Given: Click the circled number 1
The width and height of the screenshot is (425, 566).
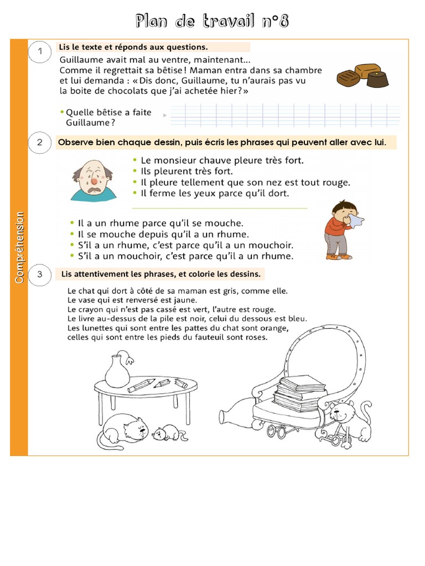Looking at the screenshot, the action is point(40,51).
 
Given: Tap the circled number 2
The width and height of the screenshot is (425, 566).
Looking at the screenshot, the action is point(40,143).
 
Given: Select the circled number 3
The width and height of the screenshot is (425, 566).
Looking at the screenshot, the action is point(40,274).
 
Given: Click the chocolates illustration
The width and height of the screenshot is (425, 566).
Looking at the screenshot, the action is point(362,76).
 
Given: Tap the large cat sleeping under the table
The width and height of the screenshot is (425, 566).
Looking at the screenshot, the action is point(122,431).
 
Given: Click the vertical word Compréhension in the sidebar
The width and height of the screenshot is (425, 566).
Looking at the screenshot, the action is point(19,247).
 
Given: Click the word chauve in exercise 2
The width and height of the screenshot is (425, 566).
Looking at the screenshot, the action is point(201,160).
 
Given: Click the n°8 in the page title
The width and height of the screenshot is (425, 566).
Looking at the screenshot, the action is point(276,22).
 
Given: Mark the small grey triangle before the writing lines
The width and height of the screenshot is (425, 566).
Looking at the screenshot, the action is point(165,115).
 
